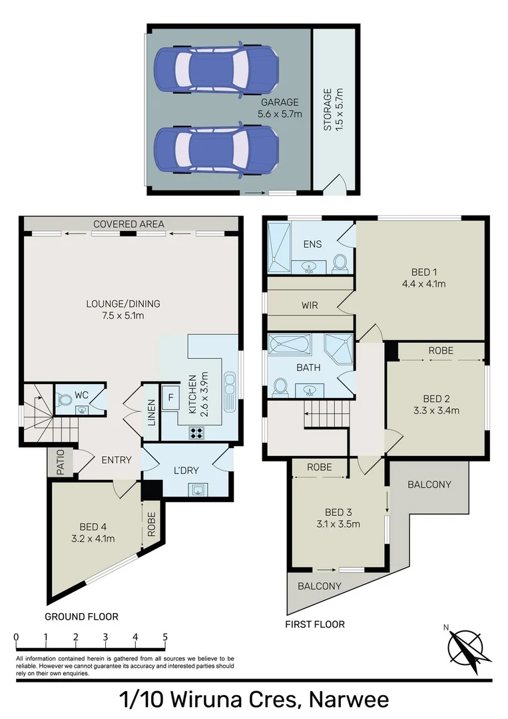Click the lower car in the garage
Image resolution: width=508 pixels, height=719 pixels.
(x=216, y=149)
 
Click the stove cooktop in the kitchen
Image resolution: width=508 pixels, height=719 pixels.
(x=197, y=431)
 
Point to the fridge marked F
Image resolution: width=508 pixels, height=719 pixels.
(x=170, y=397)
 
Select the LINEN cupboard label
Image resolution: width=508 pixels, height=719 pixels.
(x=152, y=413)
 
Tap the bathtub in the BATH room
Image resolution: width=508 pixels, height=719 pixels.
(x=288, y=346)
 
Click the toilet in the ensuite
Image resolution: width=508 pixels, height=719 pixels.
(x=340, y=262)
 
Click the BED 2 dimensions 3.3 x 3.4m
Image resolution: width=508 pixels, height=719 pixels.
(x=436, y=410)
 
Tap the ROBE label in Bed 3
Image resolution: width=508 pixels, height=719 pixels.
(x=320, y=467)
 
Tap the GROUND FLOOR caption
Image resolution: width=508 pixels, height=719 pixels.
(x=81, y=616)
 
